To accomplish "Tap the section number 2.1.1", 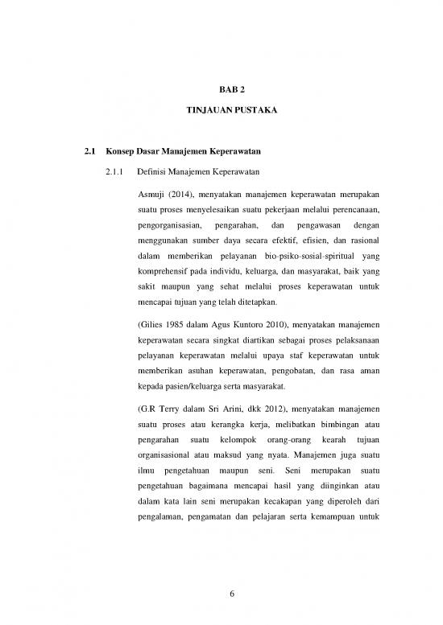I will click(x=118, y=171).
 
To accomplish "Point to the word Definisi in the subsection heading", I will click(x=154, y=171).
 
